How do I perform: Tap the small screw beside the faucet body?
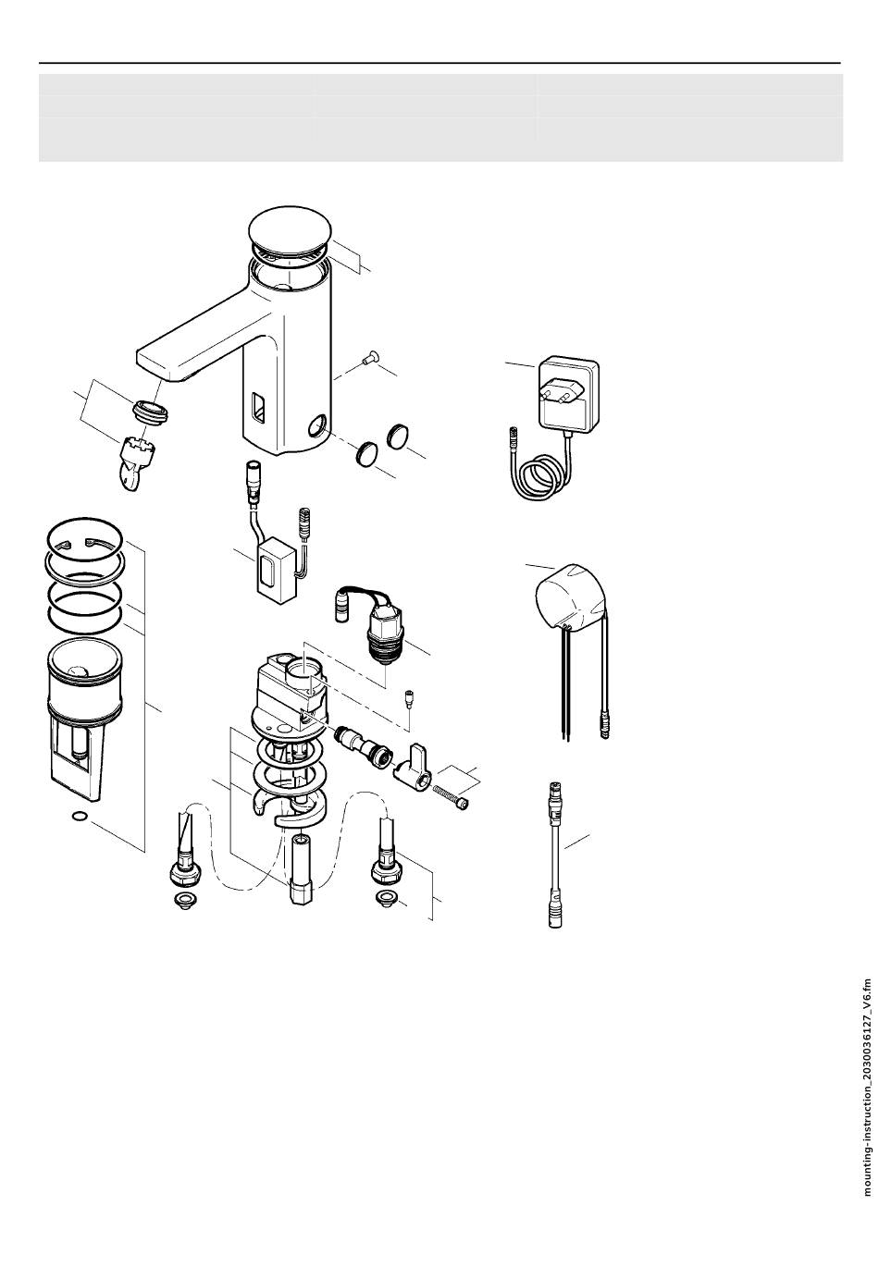(x=371, y=357)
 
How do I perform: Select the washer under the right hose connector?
(x=386, y=898)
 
